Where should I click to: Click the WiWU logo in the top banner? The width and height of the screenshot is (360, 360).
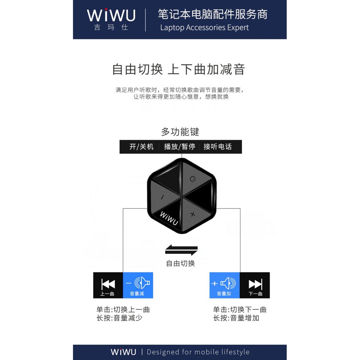(x=111, y=15)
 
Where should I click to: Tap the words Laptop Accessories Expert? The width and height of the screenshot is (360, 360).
(x=204, y=27)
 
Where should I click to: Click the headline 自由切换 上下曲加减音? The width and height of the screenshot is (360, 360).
(x=178, y=69)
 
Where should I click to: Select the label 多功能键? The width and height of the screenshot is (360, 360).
(x=180, y=132)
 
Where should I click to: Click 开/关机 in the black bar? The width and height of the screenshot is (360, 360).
(x=141, y=147)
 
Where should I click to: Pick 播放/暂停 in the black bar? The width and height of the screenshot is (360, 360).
(x=179, y=147)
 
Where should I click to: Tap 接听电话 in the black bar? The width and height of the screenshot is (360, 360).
(x=218, y=147)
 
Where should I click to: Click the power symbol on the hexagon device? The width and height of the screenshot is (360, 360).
(x=192, y=179)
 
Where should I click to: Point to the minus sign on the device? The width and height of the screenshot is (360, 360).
(x=162, y=197)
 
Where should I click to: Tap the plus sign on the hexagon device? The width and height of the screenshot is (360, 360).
(x=192, y=214)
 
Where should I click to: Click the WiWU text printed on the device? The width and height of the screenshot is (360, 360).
(x=169, y=219)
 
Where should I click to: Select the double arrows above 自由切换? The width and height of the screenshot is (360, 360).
(x=181, y=251)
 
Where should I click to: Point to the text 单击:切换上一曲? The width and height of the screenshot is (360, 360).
(x=123, y=310)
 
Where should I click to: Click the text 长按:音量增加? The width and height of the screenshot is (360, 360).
(x=236, y=318)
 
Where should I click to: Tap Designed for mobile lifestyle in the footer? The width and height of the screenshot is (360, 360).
(x=198, y=352)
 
